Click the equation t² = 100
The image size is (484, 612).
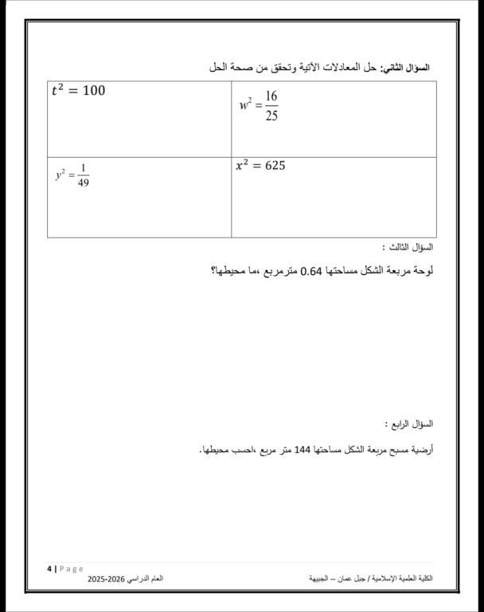(78, 90)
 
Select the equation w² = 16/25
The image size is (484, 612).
(259, 106)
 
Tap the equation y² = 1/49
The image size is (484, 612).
(72, 175)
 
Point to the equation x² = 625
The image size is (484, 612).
(260, 166)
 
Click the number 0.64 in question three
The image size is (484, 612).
(310, 271)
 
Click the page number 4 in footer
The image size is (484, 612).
(49, 568)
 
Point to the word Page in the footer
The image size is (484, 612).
(71, 568)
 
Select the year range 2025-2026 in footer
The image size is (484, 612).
(107, 577)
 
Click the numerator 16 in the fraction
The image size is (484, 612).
(271, 96)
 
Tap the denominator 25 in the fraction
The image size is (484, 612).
(271, 116)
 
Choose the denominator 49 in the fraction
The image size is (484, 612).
(84, 183)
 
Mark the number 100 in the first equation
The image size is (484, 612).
(93, 90)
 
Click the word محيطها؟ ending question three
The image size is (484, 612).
(226, 271)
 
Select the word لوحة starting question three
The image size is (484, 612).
(423, 271)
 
